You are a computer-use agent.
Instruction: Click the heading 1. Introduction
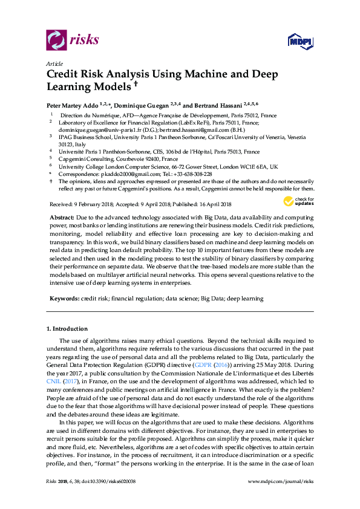(x=67, y=329)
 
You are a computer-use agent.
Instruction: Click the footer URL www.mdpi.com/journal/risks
(x=281, y=497)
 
